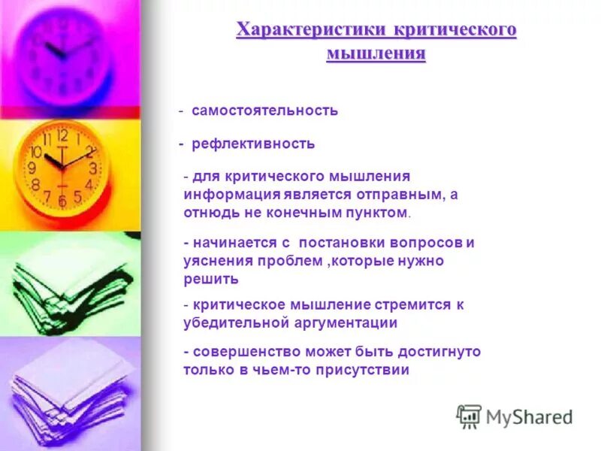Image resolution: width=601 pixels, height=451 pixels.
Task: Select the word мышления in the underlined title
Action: (376, 54)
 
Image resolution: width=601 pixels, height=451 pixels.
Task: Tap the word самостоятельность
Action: (264, 110)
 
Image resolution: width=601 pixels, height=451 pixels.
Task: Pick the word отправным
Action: (406, 195)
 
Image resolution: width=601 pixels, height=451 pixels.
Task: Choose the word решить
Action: (211, 279)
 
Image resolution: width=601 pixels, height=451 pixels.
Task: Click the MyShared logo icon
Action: (469, 416)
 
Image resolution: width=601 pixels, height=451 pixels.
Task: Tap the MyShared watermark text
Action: (529, 416)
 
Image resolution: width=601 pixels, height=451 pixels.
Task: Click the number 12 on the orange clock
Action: (62, 136)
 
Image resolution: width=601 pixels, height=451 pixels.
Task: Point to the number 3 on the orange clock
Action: (92, 168)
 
